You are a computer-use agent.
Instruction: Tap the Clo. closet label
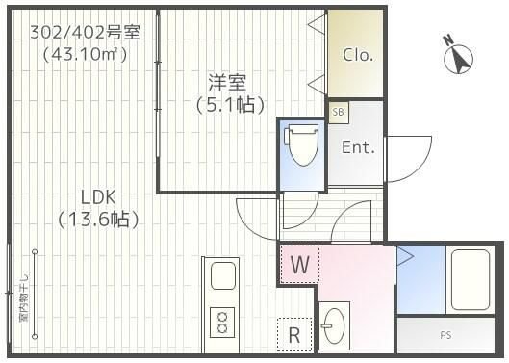[x=358, y=55]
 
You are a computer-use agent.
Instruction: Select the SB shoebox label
[x=338, y=113]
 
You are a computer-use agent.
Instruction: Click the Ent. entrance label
[x=358, y=147]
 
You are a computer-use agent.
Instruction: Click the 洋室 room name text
[x=229, y=81]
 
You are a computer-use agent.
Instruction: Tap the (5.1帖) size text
[x=229, y=104]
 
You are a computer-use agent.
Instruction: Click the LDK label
[x=97, y=196]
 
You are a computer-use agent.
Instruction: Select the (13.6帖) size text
[x=97, y=220]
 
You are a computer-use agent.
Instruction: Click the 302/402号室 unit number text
[x=85, y=32]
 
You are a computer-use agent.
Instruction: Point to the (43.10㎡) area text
[x=85, y=54]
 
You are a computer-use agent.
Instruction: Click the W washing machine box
[x=298, y=264]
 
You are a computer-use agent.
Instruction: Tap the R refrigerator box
[x=294, y=334]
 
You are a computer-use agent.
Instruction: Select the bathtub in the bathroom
[x=470, y=278]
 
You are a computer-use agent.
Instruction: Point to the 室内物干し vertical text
[x=21, y=298]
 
